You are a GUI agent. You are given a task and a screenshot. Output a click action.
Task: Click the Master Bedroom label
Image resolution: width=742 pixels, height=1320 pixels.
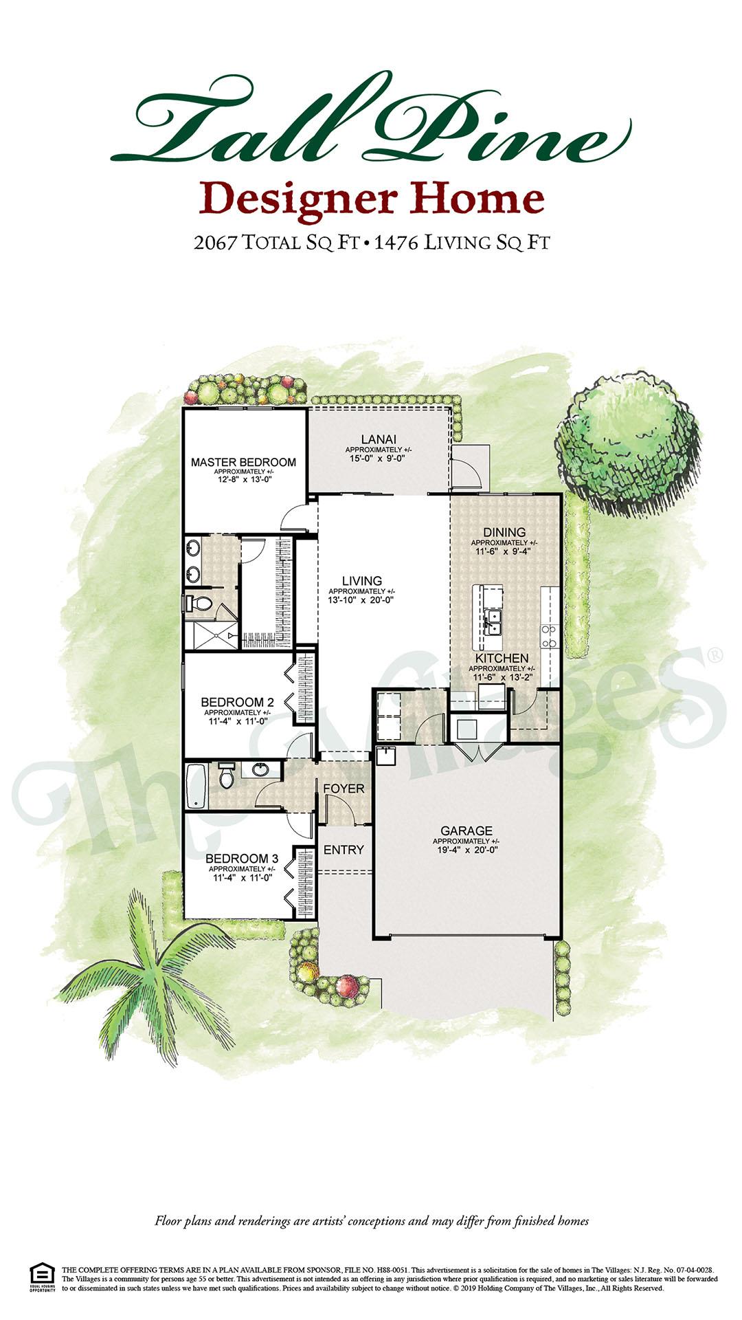click(x=243, y=462)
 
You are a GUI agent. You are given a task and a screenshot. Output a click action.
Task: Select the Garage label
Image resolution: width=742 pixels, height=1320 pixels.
click(x=466, y=830)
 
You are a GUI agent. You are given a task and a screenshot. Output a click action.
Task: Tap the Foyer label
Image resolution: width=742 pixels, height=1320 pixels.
click(x=344, y=789)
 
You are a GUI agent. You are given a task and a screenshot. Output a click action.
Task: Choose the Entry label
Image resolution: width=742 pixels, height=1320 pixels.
click(x=344, y=850)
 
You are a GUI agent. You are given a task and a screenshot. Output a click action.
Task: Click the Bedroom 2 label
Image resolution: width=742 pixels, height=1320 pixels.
click(x=237, y=702)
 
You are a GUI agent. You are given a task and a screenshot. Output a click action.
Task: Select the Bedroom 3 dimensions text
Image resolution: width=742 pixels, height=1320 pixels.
click(x=242, y=878)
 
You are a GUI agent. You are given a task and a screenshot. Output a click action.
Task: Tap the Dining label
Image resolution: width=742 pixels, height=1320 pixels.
click(x=504, y=532)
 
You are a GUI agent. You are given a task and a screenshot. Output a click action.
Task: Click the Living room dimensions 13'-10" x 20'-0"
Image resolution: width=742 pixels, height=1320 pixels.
click(x=361, y=599)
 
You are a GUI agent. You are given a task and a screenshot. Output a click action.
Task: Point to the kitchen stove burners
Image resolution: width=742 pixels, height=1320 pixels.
click(x=549, y=636)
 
